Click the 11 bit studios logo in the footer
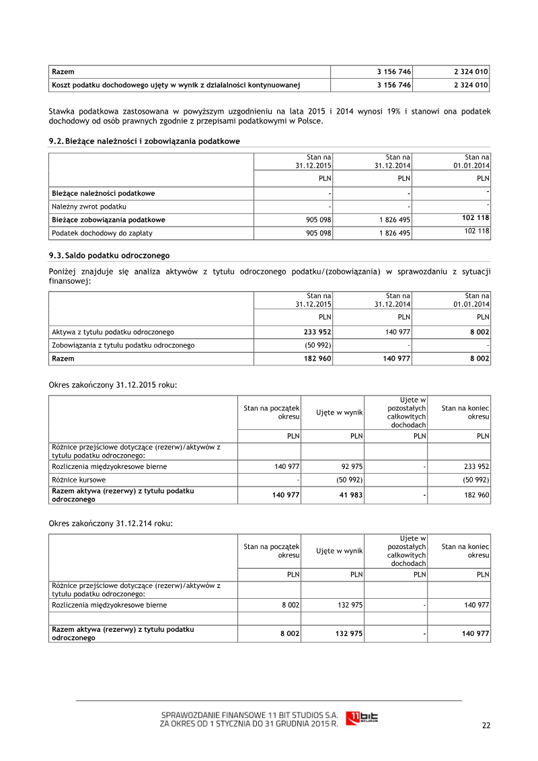point(361,718)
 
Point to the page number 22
point(486,725)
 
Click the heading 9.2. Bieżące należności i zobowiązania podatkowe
point(144,141)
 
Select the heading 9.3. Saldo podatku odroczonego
point(109,256)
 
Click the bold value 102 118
point(475,218)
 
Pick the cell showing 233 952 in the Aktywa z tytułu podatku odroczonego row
point(317,332)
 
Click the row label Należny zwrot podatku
point(89,207)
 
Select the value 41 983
point(350,495)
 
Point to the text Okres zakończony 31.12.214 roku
point(111,523)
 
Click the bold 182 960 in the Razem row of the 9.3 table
point(317,359)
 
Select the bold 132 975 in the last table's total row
point(348,634)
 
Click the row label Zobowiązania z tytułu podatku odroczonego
point(123,345)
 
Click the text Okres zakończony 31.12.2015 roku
point(113,386)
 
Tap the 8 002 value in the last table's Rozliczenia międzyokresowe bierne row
point(290,605)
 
